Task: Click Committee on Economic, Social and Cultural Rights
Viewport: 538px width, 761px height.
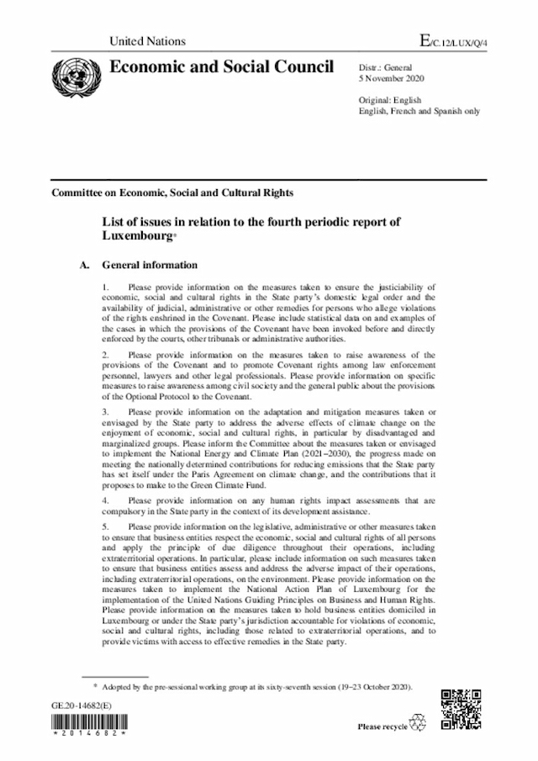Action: [172, 193]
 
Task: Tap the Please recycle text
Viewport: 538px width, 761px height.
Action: [382, 726]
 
